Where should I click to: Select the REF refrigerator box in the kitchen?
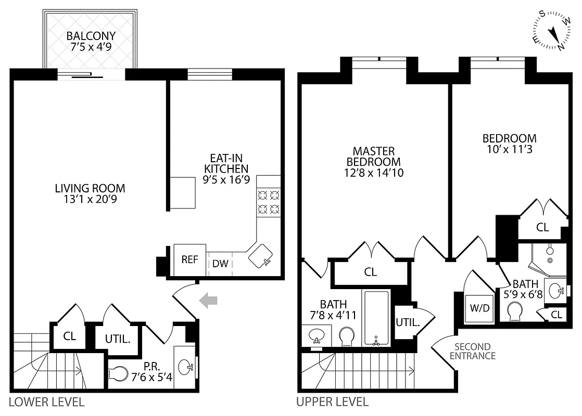(189, 259)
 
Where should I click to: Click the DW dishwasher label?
(220, 264)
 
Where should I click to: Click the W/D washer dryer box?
(480, 307)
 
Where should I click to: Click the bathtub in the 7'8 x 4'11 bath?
(376, 319)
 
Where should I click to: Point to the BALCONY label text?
(91, 36)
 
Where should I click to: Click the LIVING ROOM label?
(90, 188)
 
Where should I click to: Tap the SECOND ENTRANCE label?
(472, 352)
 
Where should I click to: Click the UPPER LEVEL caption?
(332, 402)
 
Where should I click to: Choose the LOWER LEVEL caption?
(47, 402)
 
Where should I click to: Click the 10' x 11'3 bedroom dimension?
(509, 149)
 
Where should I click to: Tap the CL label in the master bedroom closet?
(371, 272)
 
